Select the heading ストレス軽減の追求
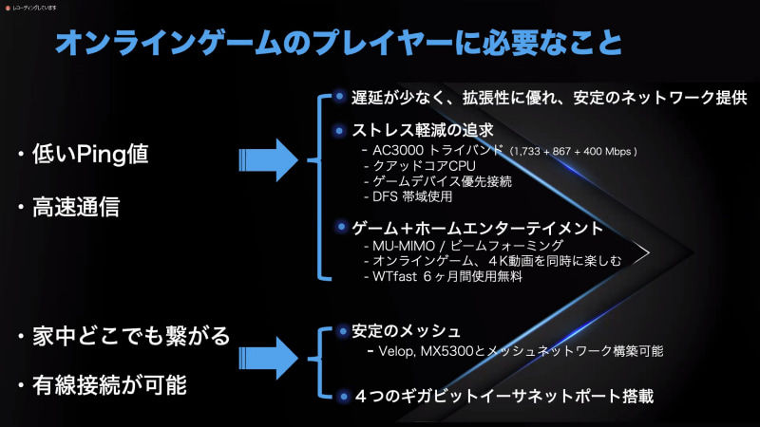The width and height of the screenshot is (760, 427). click(422, 130)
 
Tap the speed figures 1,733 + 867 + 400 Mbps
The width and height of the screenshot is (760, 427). click(572, 152)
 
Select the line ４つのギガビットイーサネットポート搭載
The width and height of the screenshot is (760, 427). click(503, 396)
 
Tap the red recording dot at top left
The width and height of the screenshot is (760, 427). click(6, 7)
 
